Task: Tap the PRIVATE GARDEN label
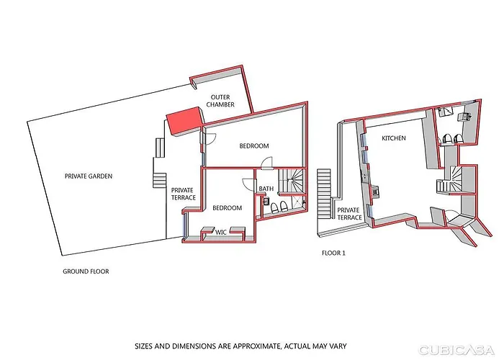click(89, 176)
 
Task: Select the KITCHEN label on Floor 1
click(394, 138)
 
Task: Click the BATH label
click(266, 190)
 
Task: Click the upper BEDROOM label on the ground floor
click(253, 146)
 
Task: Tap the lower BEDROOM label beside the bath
click(227, 208)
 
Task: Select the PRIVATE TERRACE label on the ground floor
click(183, 194)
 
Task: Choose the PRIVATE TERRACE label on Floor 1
click(350, 213)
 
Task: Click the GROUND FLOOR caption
click(86, 271)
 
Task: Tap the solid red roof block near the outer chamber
click(183, 120)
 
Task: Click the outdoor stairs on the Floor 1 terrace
click(323, 189)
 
